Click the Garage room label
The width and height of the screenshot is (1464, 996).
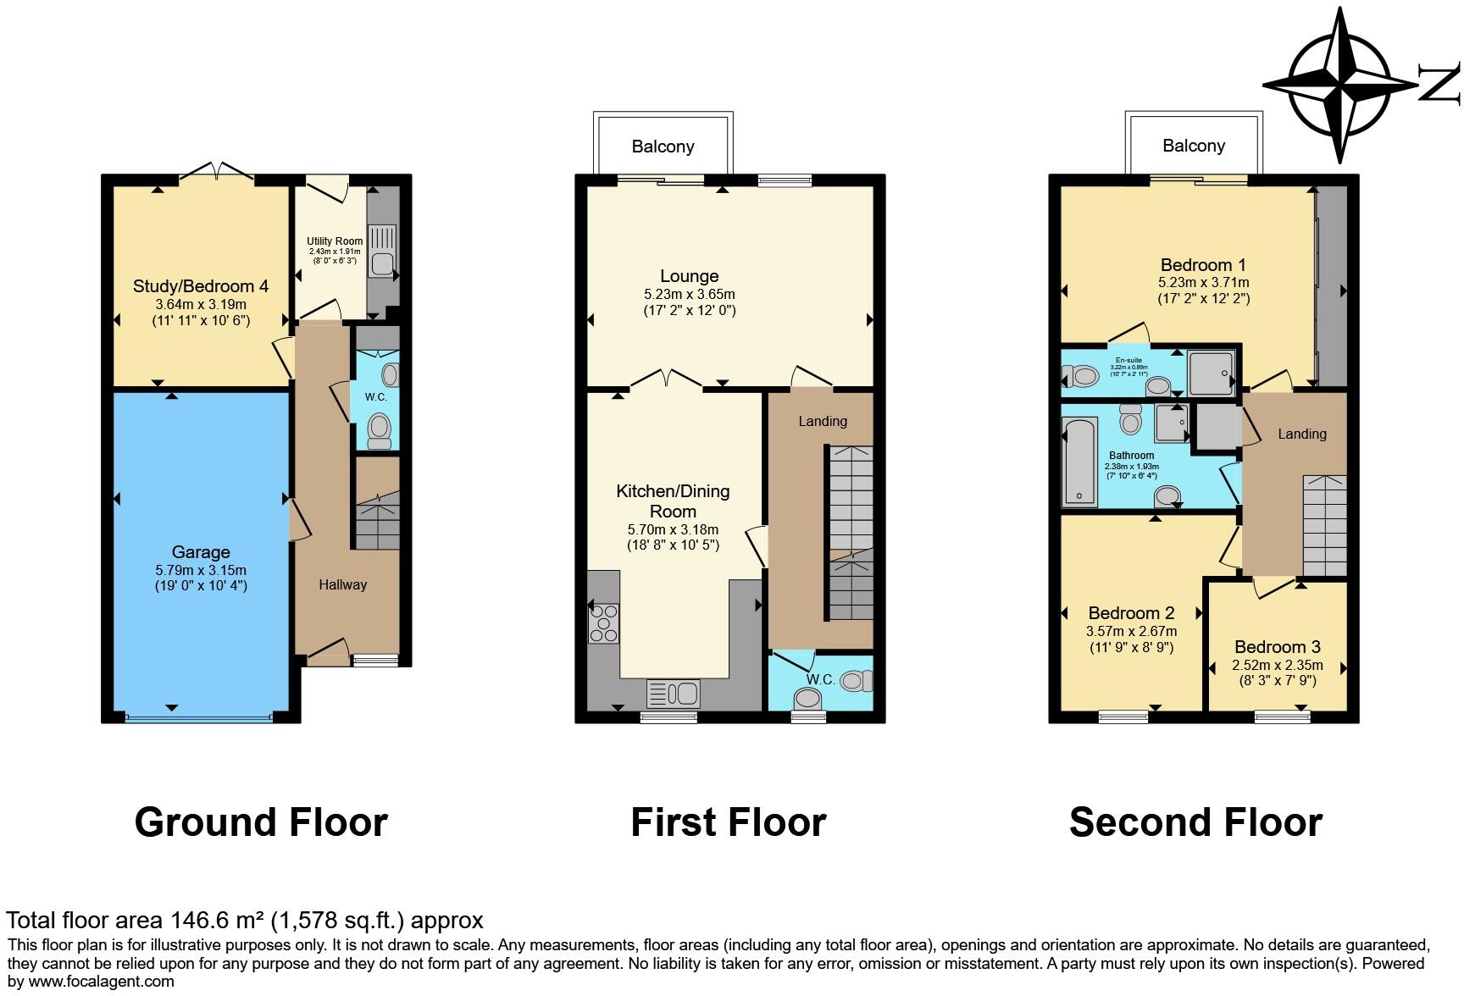[x=201, y=552]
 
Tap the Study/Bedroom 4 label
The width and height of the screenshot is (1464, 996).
[x=201, y=286]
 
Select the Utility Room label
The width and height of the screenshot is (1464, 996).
[x=335, y=241]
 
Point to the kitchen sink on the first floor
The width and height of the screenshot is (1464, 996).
[x=673, y=694]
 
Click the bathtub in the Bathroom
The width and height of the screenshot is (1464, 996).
[x=1080, y=460]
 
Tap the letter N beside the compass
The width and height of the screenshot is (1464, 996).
[x=1439, y=85]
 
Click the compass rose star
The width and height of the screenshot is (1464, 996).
[x=1340, y=85]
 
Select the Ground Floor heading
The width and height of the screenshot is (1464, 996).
[x=261, y=822]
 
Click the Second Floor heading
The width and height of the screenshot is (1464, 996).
[x=1195, y=822]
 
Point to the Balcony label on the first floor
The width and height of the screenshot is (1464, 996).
[x=663, y=147]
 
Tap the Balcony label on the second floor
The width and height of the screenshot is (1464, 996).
[x=1194, y=146]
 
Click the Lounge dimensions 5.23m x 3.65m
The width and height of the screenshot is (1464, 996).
[x=690, y=295]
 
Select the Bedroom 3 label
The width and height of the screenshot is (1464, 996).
[x=1278, y=647]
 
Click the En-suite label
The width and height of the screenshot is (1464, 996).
[x=1128, y=360]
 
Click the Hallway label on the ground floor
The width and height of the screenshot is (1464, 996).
[x=342, y=584]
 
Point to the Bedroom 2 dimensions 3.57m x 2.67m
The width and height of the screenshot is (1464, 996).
[x=1131, y=631]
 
